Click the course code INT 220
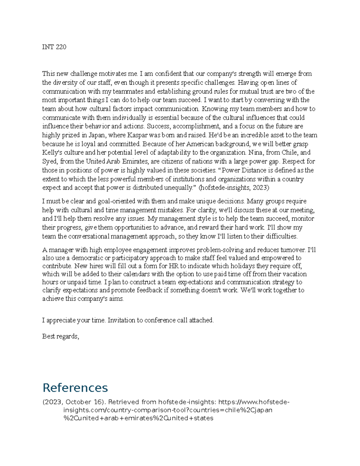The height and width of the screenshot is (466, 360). [x=54, y=47]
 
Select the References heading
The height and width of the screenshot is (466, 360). [x=75, y=387]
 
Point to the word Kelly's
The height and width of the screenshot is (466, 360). [x=51, y=152]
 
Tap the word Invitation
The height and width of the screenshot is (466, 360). [x=121, y=320]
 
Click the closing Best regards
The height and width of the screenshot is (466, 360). [x=61, y=336]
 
